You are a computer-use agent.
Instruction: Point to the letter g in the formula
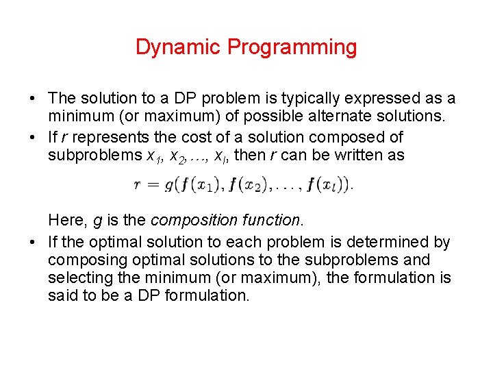tap(179, 184)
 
